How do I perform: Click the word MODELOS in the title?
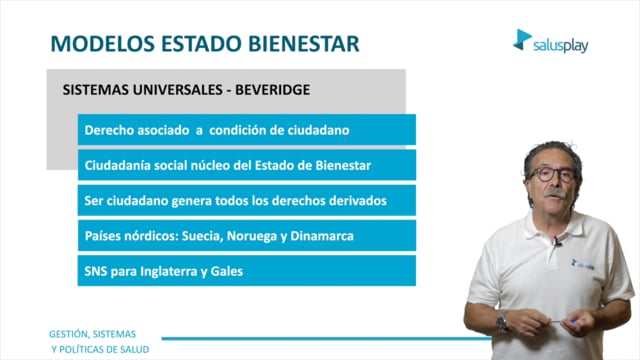pos(102,44)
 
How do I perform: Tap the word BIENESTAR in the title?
pos(304,44)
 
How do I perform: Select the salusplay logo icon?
pos(522,40)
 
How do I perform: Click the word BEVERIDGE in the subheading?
pos(273,90)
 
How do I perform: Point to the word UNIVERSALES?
pos(178,90)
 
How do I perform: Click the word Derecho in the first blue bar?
pos(109,130)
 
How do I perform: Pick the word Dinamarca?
pos(322,236)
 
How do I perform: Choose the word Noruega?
pos(252,236)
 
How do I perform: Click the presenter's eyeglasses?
pos(553,174)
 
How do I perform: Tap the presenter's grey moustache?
pos(556,193)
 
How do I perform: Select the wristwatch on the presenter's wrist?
pos(502,322)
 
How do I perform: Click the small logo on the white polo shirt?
pos(582,264)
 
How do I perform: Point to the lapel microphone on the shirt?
pos(558,242)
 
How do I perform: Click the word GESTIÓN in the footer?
pos(68,334)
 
